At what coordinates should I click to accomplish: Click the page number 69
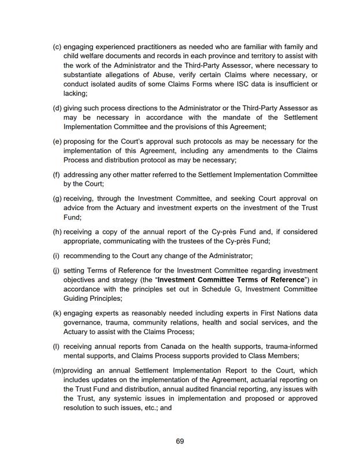tap(180, 441)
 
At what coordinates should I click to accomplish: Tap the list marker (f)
tap(57, 174)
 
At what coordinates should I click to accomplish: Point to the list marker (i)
tap(56, 255)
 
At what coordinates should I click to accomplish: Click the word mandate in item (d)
tap(242, 117)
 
